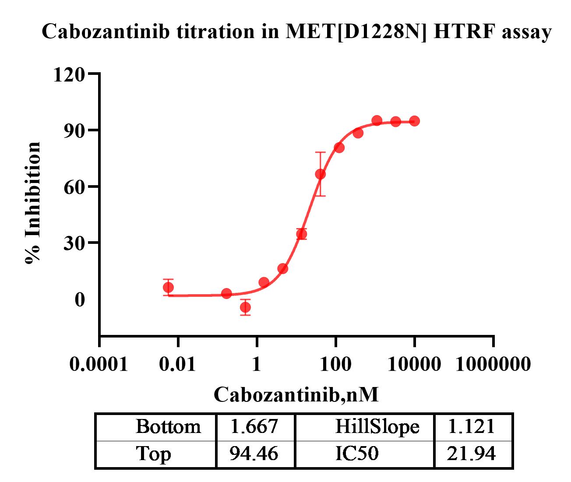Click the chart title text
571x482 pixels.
point(296,32)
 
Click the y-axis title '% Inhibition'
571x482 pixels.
point(33,202)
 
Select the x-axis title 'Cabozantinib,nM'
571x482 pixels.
point(296,394)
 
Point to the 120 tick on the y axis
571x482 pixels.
point(69,74)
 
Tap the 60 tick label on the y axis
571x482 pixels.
point(74,187)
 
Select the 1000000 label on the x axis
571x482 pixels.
point(493,364)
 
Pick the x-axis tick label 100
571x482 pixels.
point(335,364)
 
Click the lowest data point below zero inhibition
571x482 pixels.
point(245,307)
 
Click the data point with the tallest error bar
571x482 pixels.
point(320,174)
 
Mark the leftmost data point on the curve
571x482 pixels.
point(168,287)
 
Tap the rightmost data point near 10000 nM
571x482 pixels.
point(414,121)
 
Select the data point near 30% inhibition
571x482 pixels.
point(301,234)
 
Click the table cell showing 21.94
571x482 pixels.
point(472,454)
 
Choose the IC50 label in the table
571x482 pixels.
point(356,454)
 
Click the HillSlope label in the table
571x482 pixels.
point(377,426)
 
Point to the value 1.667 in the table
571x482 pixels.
point(254,426)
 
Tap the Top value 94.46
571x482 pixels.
point(254,454)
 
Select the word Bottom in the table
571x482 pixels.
point(168,426)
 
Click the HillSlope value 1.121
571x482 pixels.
point(472,426)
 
